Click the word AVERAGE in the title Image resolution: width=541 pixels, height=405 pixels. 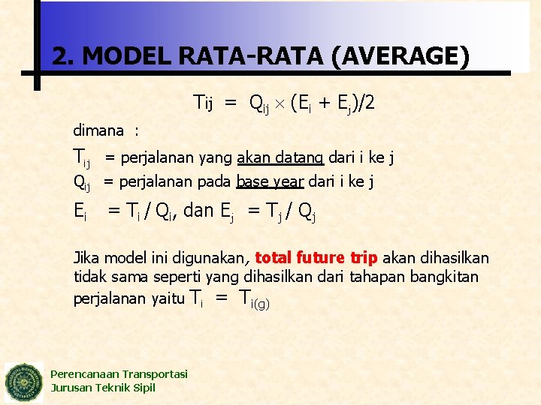pyautogui.click(x=403, y=55)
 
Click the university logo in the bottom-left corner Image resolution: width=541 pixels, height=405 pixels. pyautogui.click(x=25, y=382)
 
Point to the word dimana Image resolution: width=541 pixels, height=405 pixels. pyautogui.click(x=98, y=130)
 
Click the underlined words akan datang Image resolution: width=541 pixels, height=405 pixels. pyautogui.click(x=280, y=157)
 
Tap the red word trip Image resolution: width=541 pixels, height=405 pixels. pyautogui.click(x=364, y=259)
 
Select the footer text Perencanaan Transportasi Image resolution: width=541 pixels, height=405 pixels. pyautogui.click(x=119, y=374)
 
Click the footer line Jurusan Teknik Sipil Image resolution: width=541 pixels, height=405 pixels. pyautogui.click(x=103, y=388)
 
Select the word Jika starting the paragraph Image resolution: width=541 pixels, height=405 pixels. pyautogui.click(x=86, y=259)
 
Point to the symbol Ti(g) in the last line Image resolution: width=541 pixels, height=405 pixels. pyautogui.click(x=253, y=299)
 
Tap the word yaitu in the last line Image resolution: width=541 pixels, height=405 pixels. pyautogui.click(x=167, y=298)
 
